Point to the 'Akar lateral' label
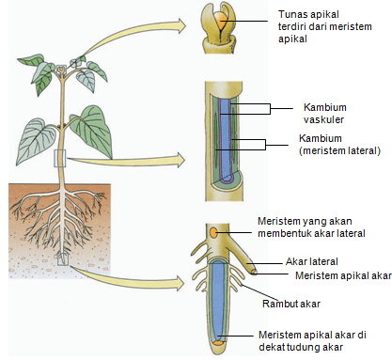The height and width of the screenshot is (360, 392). [x=311, y=260]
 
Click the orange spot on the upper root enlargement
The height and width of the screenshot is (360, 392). [x=215, y=232]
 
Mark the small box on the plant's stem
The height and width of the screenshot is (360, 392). [x=61, y=159]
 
